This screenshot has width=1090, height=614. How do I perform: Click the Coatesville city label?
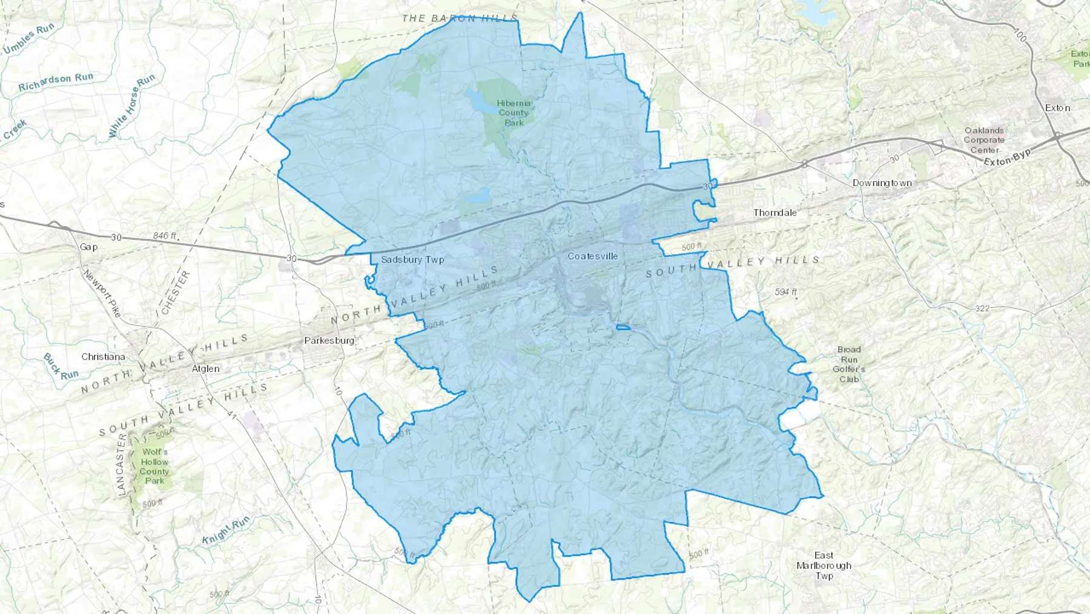coord(592,256)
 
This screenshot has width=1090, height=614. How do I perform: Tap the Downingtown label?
coord(882,183)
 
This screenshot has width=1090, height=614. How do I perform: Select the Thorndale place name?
coord(775,213)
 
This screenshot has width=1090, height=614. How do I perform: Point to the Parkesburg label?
coord(329,341)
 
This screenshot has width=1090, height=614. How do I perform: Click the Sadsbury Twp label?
coord(412,259)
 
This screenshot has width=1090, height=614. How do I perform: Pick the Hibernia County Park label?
coord(514,113)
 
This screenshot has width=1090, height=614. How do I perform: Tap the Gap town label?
coord(88,247)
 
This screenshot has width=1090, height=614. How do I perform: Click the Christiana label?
coord(103,357)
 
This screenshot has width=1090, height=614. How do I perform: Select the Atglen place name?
coord(205,369)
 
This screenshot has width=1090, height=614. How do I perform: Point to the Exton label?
coord(1057,108)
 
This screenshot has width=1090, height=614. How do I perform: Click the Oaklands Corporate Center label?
coord(984,140)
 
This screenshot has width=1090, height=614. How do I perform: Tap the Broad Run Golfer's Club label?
coord(849,364)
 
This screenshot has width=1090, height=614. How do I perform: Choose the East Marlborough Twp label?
coord(824,566)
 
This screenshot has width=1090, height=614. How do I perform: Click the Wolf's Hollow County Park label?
coord(154,466)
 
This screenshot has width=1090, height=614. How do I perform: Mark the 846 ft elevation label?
coord(165,236)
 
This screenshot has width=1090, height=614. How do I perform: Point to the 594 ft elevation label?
coord(785,292)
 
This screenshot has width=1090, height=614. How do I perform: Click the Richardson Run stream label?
coord(56,82)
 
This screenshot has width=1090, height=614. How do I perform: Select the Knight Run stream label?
coord(225,530)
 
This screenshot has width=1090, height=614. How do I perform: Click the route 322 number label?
coord(982,309)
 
